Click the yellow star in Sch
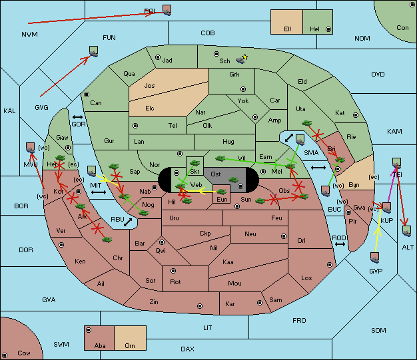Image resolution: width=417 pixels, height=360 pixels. tap(245, 57)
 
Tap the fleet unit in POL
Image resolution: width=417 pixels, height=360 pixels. tap(167, 10)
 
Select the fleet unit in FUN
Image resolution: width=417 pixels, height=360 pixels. tap(94, 51)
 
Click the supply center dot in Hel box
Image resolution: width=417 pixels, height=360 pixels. tap(328, 29)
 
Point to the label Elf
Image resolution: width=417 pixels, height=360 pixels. tap(288, 29)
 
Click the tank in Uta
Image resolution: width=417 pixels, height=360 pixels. tap(306, 123)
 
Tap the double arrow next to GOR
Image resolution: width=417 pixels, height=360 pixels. tap(78, 117)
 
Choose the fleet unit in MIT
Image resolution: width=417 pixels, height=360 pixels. tap(92, 171)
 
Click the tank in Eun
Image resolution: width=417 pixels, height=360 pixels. tap(222, 192)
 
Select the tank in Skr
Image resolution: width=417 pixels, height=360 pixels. tap(195, 162)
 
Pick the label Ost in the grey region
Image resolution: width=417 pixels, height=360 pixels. tap(215, 174)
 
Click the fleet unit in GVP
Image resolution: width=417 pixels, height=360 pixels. tap(375, 258)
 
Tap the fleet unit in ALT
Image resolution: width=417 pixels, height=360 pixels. tap(406, 231)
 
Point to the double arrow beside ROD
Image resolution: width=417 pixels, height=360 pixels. tap(340, 244)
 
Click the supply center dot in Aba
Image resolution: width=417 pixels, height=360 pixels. tap(89, 330)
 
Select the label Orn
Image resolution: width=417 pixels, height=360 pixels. tap(130, 345)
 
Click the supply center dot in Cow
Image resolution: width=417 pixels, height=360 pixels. tap(5, 355)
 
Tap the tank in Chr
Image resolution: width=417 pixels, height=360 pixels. tap(107, 240)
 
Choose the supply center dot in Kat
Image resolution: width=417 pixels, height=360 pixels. tap(356, 115)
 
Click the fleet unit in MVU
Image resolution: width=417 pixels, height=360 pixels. tap(31, 148)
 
